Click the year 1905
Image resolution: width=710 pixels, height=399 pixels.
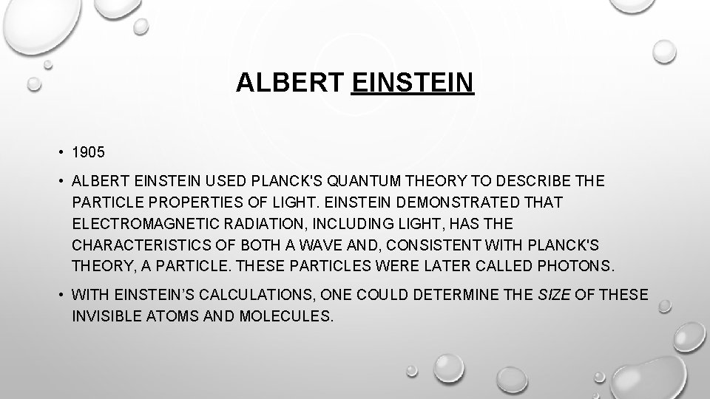pyautogui.click(x=89, y=154)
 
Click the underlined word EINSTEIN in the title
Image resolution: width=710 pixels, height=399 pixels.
pyautogui.click(x=413, y=83)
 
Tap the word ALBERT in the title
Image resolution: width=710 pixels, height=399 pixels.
pyautogui.click(x=290, y=83)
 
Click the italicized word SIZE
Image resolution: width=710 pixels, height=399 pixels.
pyautogui.click(x=552, y=296)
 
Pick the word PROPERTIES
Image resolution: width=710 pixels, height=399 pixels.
pyautogui.click(x=195, y=202)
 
